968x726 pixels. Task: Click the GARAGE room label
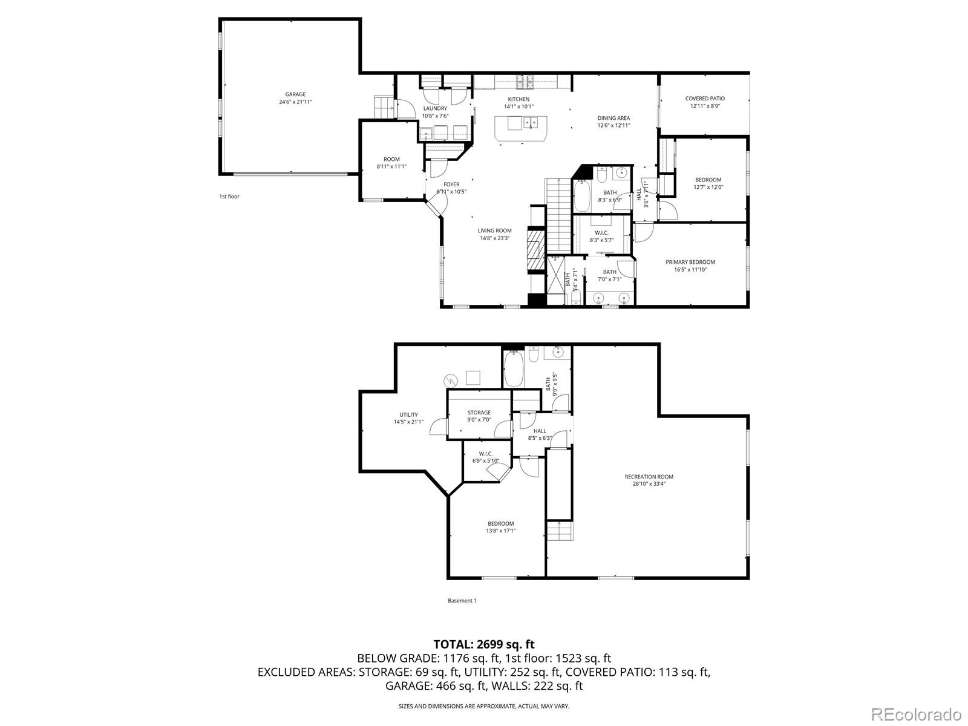point(295,94)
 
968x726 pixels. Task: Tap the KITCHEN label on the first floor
point(518,99)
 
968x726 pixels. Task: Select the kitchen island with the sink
point(521,129)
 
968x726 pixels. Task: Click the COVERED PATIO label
point(705,98)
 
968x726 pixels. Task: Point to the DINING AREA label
point(613,118)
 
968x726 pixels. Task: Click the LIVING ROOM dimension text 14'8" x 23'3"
point(494,238)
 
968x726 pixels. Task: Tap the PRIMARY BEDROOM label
point(690,262)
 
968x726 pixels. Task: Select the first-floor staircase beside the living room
point(559,216)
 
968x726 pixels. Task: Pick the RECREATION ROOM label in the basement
point(649,477)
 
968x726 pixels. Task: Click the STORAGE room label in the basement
point(479,413)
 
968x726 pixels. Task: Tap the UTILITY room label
point(408,414)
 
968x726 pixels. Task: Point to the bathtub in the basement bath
point(514,368)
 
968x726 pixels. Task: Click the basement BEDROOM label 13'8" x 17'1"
point(500,527)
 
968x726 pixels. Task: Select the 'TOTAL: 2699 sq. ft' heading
point(484,644)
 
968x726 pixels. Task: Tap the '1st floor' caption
point(229,197)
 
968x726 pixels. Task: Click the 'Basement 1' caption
point(462,600)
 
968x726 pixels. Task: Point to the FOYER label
point(451,185)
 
